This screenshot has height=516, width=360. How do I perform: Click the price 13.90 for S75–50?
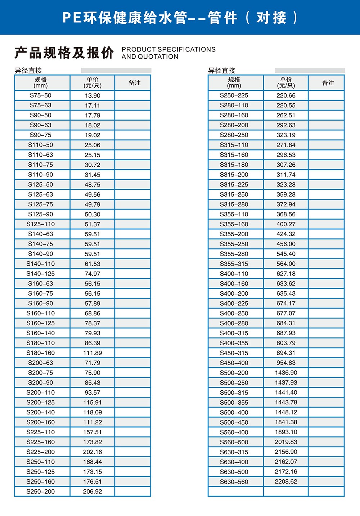tap(93, 95)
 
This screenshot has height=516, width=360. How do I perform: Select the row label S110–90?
tap(41, 175)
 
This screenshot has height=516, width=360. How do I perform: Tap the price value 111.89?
tap(93, 353)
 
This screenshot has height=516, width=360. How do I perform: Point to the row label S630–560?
tap(234, 482)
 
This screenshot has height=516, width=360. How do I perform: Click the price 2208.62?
tap(286, 481)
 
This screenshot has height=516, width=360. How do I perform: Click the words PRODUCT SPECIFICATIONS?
tap(168, 49)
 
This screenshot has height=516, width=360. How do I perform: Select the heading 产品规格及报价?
tap(64, 53)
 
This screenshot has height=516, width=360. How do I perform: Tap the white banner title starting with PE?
tap(180, 17)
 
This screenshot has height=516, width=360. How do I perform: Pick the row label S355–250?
tap(234, 244)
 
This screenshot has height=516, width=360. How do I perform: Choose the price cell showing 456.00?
tap(286, 244)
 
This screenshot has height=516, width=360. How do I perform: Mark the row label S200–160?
tap(41, 422)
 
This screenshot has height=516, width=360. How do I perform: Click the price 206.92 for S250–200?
tap(93, 492)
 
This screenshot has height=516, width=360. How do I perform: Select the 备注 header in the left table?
tap(135, 83)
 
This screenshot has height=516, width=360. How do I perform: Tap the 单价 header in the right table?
tap(286, 82)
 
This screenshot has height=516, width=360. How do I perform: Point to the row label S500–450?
tap(234, 422)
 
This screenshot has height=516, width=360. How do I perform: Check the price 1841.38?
tap(286, 422)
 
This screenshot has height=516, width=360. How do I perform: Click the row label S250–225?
tap(234, 95)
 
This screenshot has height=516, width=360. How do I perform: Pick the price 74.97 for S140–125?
tap(93, 274)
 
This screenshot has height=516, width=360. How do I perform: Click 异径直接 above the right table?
tap(222, 71)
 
